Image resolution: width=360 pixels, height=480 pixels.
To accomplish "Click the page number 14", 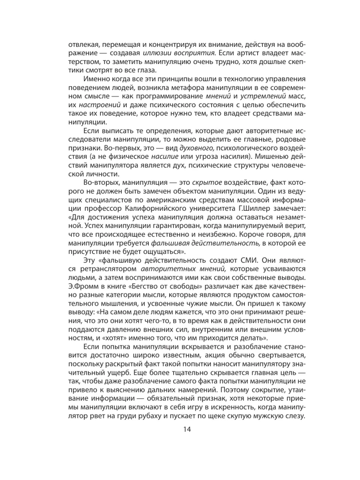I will click(180, 430).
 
